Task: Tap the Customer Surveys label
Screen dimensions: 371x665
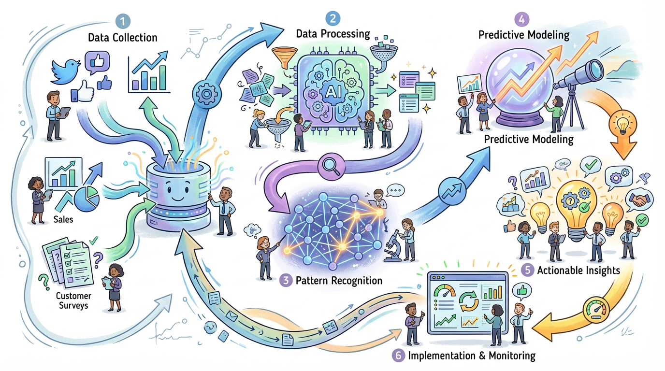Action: tap(73, 300)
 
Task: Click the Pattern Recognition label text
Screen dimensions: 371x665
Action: tap(338, 281)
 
